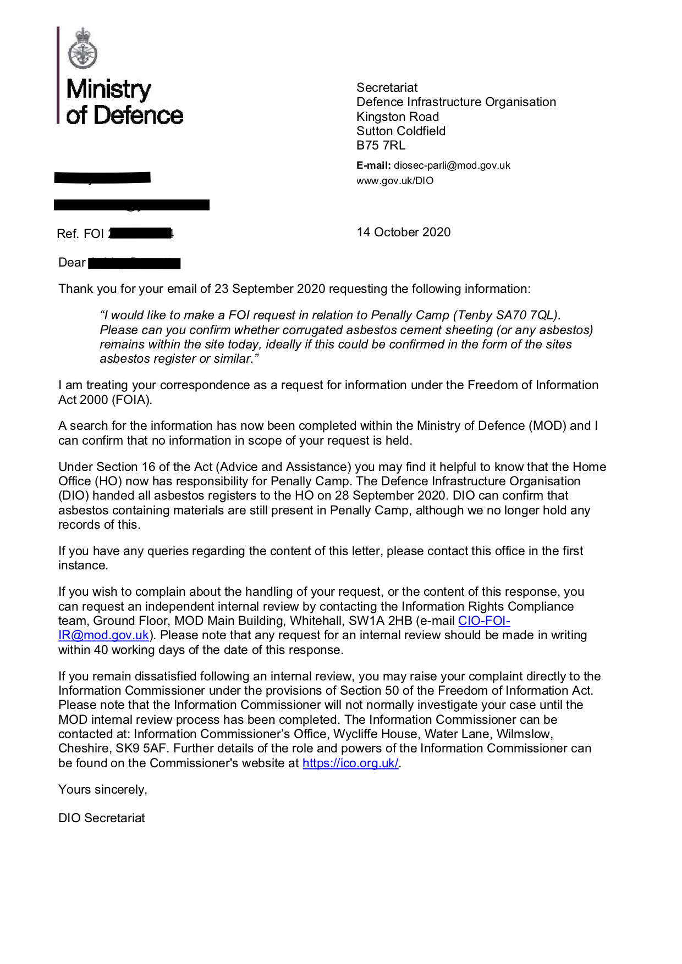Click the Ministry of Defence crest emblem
(82, 49)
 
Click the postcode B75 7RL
(381, 146)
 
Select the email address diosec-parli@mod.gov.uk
(452, 165)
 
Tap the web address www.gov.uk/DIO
(395, 181)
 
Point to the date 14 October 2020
(403, 232)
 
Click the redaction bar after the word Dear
(134, 263)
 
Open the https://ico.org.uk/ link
(350, 763)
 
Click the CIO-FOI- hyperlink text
(484, 621)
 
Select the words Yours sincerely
(103, 790)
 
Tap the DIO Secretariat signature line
(102, 818)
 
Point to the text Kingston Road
(398, 117)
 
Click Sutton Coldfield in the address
(401, 131)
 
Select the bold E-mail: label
(373, 165)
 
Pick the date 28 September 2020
(391, 496)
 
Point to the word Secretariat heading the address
(387, 88)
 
